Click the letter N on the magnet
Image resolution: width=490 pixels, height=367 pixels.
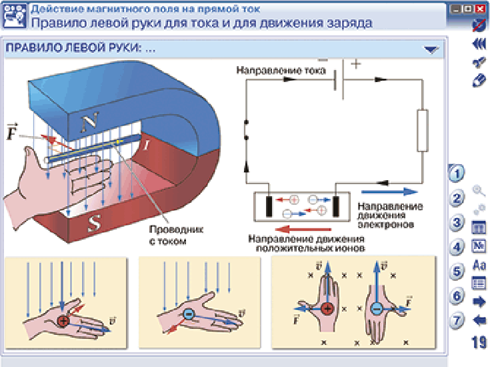(x=90, y=121)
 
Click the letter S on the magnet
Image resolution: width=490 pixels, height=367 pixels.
(x=94, y=223)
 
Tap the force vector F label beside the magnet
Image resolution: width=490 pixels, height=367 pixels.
(x=12, y=131)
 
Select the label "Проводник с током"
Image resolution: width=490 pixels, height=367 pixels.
(x=176, y=236)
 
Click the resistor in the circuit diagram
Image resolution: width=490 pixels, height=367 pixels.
(x=423, y=131)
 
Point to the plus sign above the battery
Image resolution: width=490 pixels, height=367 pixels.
(x=355, y=64)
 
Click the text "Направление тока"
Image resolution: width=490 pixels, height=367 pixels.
(x=281, y=70)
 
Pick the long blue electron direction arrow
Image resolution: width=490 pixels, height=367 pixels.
(x=389, y=192)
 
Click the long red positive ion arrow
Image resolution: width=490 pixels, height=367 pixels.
(x=304, y=230)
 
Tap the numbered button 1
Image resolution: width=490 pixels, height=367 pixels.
(x=456, y=173)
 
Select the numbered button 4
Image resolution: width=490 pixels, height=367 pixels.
(x=456, y=247)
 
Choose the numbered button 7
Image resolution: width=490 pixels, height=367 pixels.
(x=456, y=320)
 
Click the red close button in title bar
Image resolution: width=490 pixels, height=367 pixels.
(x=480, y=9)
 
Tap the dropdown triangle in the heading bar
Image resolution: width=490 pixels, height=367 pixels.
(x=431, y=49)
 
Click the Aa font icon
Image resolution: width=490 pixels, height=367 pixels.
(x=479, y=265)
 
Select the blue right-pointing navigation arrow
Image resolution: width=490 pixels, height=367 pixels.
(x=479, y=302)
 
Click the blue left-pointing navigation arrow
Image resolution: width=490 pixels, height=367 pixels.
(x=479, y=321)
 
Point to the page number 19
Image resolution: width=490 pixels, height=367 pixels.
(x=479, y=342)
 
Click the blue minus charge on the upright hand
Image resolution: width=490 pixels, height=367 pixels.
(x=377, y=309)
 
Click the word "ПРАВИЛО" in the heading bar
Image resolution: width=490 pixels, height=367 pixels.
(x=34, y=48)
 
